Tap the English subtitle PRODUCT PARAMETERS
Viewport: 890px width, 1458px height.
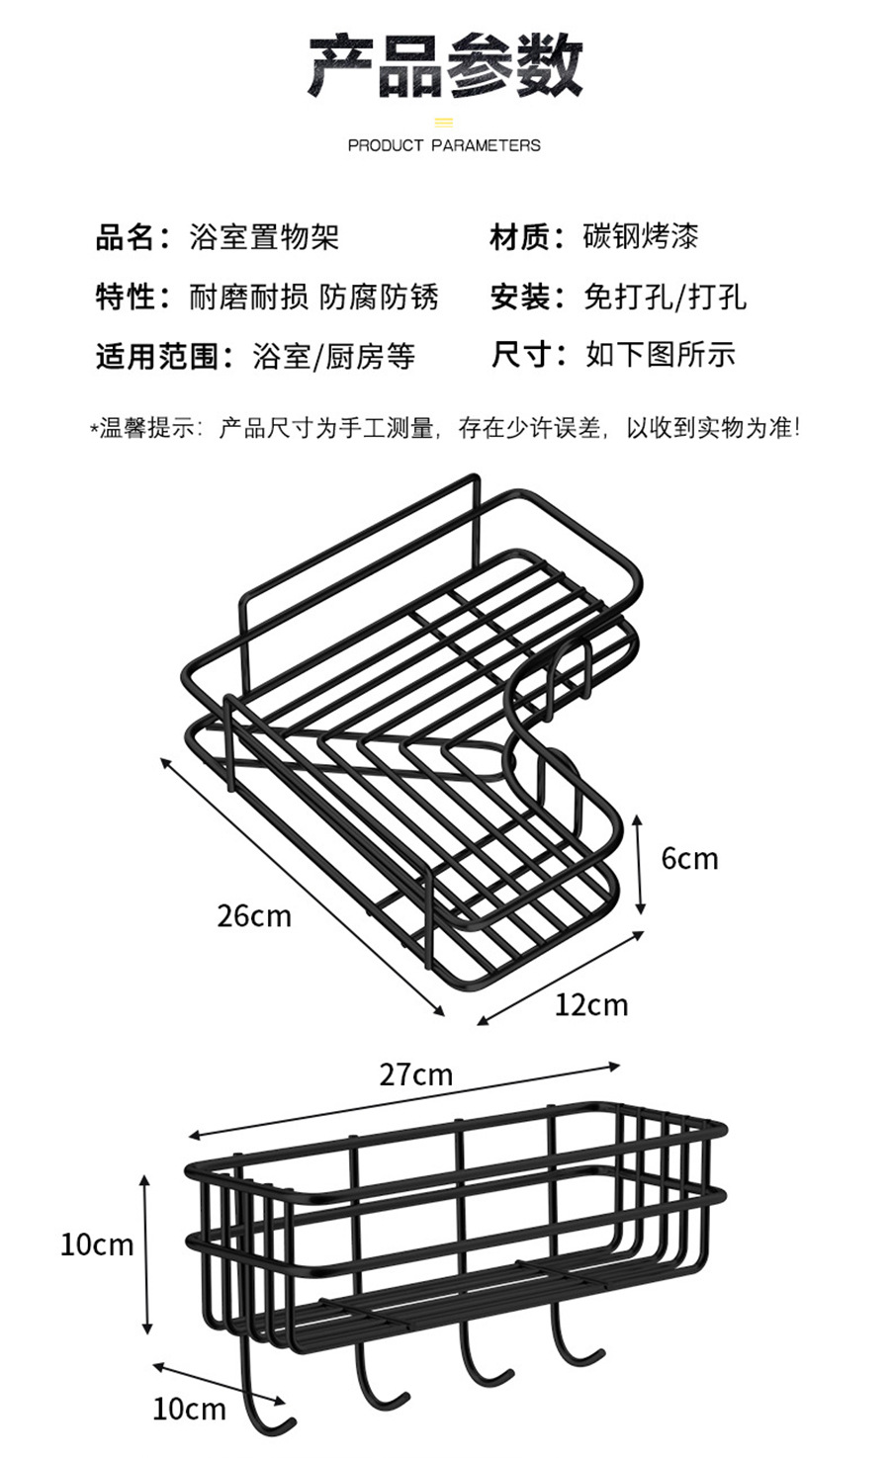[x=444, y=145]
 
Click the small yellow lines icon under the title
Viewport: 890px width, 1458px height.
[x=444, y=123]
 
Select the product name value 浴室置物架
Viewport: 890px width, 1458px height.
[x=264, y=237]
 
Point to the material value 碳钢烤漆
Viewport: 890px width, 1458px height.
[x=642, y=237]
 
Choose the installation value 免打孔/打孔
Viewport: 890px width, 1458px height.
[x=666, y=297]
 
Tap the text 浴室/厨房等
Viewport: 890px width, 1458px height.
[x=334, y=356]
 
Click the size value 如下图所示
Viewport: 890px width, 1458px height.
[x=661, y=355]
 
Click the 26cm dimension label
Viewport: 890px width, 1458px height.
[x=254, y=916]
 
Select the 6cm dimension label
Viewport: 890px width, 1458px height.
[x=689, y=858]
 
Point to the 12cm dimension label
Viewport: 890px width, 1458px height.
[x=590, y=1004]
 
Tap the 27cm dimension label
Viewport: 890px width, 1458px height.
[x=415, y=1074]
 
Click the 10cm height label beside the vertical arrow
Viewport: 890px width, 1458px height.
[x=96, y=1244]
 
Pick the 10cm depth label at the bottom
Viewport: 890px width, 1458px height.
[x=189, y=1409]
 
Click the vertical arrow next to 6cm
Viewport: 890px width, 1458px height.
[x=641, y=863]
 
